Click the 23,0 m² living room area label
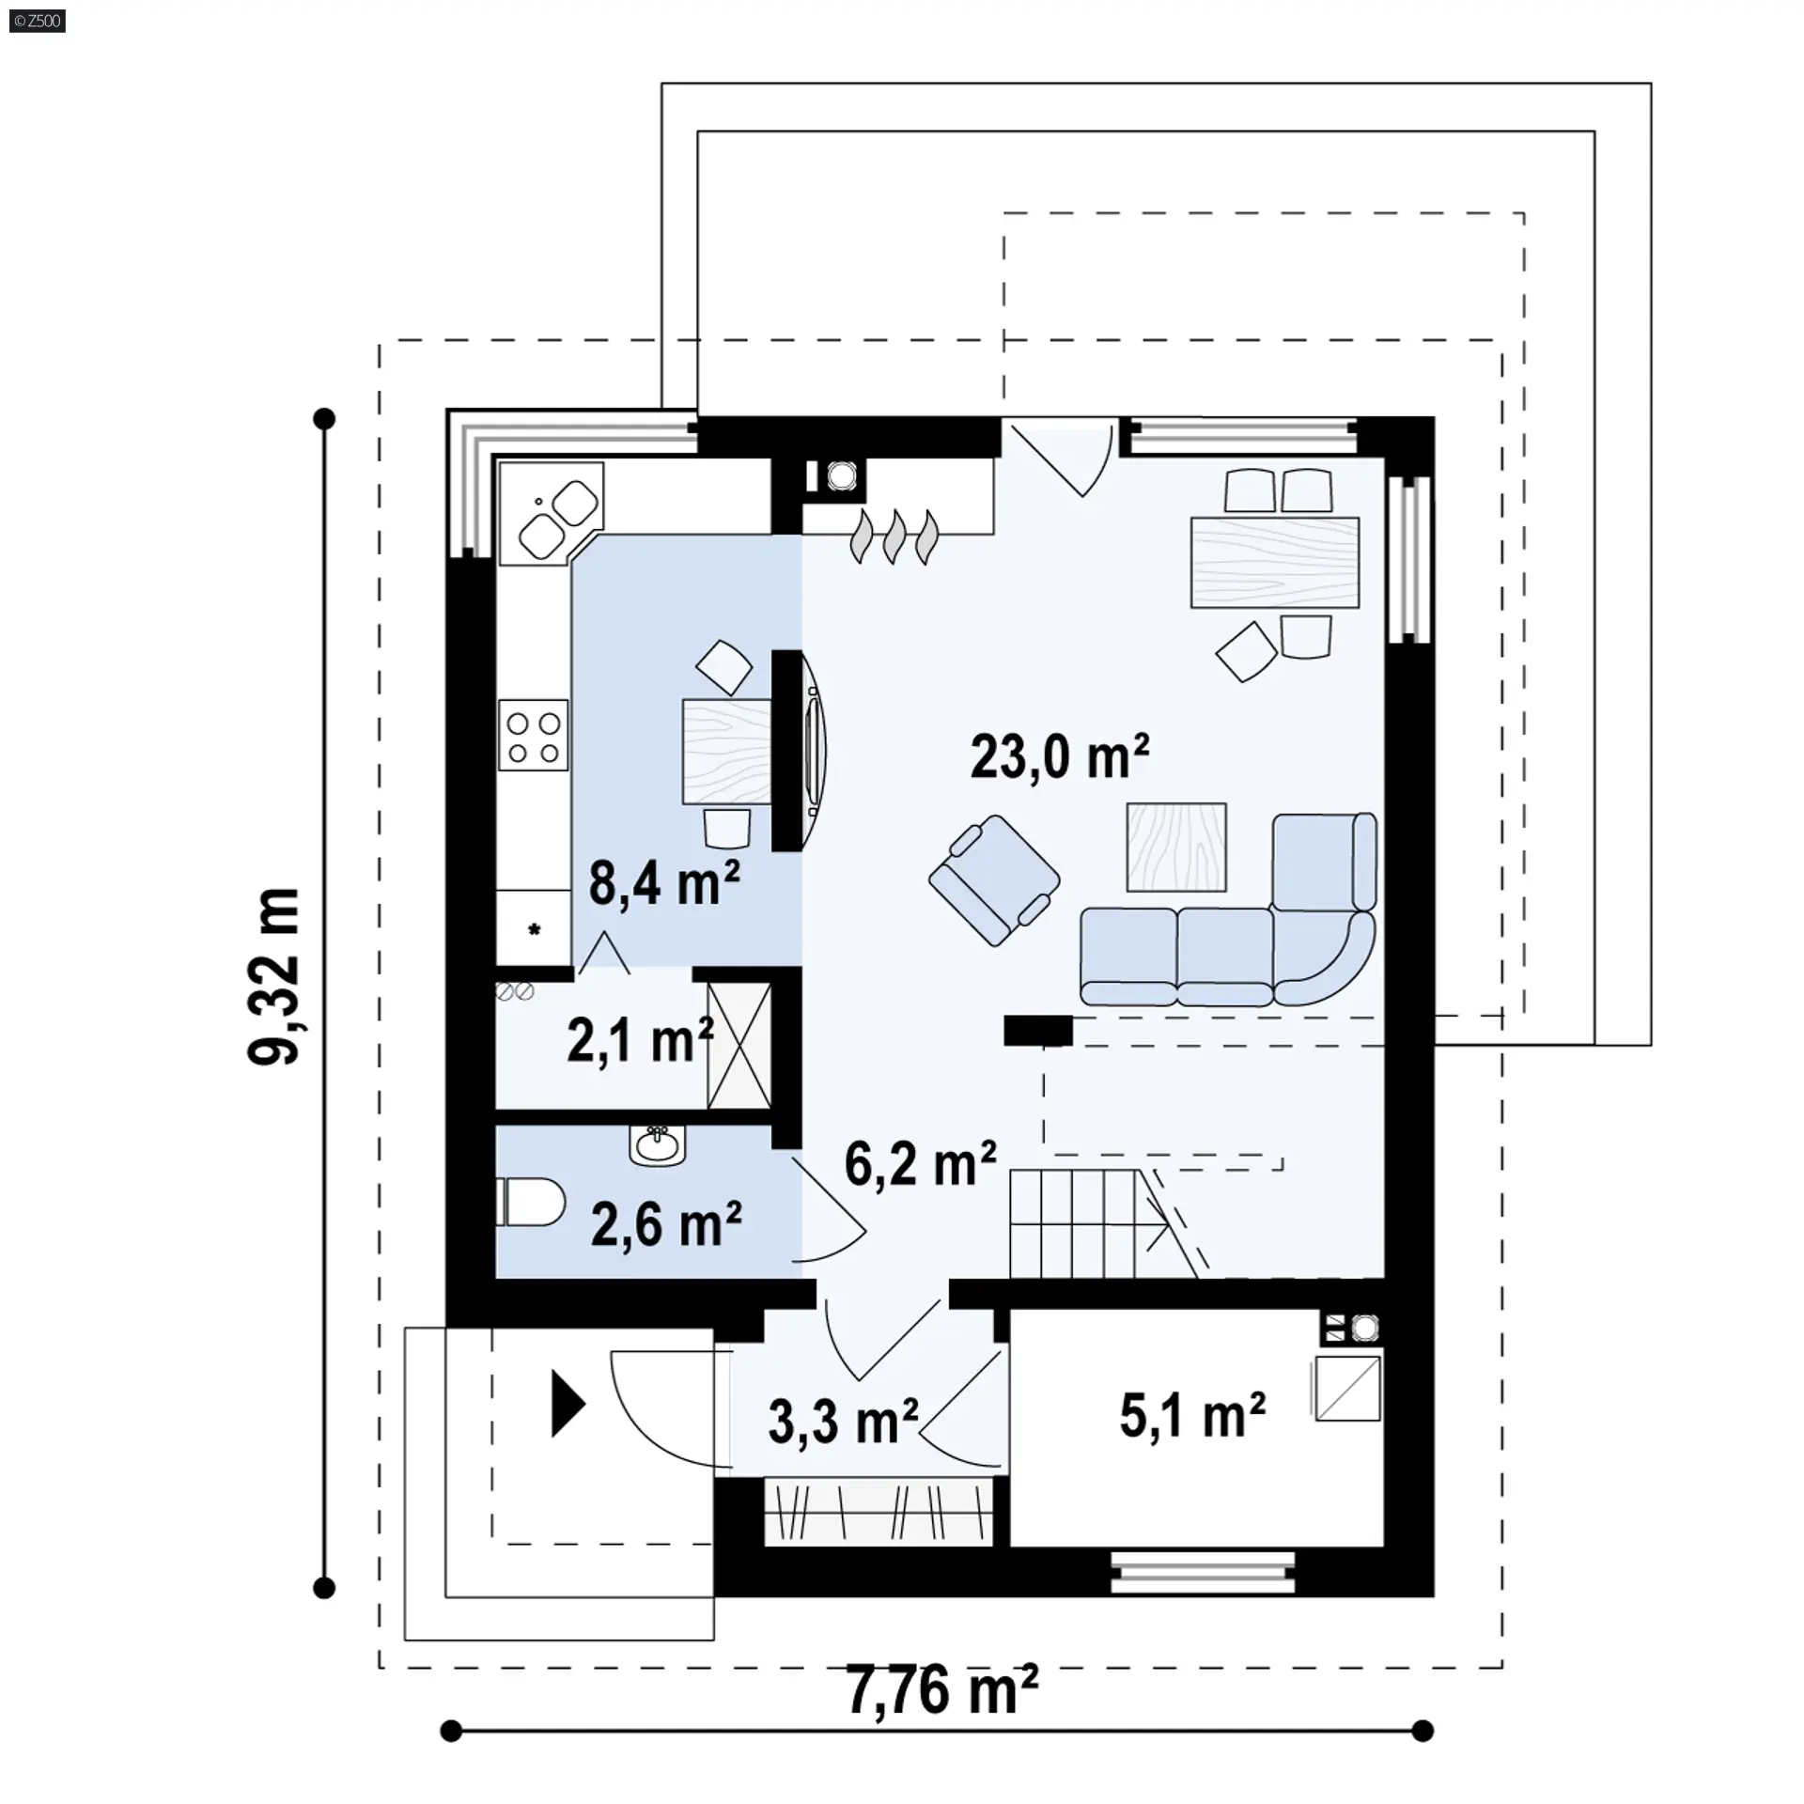pos(1060,757)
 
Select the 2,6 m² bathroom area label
pos(666,1223)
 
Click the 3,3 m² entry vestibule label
pos(843,1421)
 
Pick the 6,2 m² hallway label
pos(920,1164)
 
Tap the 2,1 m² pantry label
pos(640,1041)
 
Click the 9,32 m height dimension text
pos(273,976)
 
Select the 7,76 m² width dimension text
pos(942,1690)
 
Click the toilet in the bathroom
pos(530,1203)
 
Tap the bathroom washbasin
pos(657,1145)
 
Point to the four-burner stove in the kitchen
pos(534,736)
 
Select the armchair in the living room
pos(995,879)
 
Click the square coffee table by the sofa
pos(1176,847)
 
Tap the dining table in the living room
pos(1275,563)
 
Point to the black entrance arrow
pos(568,1405)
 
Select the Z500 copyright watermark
pos(38,21)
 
